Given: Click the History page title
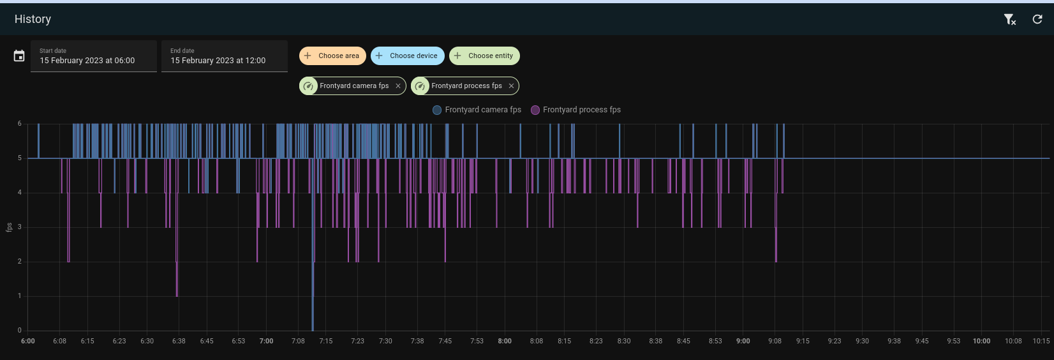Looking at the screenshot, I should tap(33, 19).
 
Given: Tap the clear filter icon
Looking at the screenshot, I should tap(1009, 19).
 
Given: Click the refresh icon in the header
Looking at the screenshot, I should tap(1037, 19).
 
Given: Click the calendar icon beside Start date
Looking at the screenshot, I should tap(19, 56).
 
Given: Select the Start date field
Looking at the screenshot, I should tap(94, 56).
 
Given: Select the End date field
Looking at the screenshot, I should tap(225, 56).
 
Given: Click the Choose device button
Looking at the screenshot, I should tap(406, 56).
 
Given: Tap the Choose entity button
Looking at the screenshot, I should tap(484, 56).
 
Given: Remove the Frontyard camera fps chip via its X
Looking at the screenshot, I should tap(398, 86).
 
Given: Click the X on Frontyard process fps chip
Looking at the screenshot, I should tap(511, 86).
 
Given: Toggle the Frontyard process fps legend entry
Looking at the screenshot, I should tap(575, 110).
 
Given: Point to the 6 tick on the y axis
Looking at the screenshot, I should tap(20, 124).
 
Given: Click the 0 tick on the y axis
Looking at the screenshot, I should tap(20, 330).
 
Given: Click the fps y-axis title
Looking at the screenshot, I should tap(9, 227).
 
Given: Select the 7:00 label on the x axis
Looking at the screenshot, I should tap(266, 341).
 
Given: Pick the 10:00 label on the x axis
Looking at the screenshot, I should tap(981, 341).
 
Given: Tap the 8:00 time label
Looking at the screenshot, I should tap(505, 341).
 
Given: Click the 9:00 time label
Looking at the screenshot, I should tap(743, 341).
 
